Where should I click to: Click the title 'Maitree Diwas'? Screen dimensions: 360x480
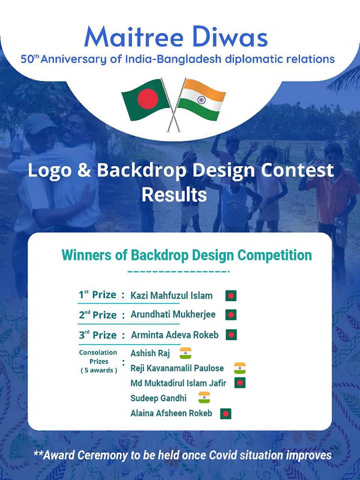(x=175, y=36)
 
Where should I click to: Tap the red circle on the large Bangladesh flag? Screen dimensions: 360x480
(x=147, y=99)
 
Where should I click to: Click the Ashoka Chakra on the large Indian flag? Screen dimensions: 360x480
(x=201, y=100)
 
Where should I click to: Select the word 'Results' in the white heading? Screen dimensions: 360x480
(x=174, y=194)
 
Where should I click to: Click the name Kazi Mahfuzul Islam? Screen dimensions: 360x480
(x=171, y=295)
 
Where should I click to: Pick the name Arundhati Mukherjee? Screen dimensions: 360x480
(x=173, y=314)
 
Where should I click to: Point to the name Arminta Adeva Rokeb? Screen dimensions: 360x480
(x=175, y=335)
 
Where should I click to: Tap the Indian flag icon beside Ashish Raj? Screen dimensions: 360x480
(x=185, y=353)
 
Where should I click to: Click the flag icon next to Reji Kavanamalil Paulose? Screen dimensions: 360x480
(x=239, y=368)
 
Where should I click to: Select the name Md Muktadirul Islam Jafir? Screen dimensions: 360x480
(x=178, y=383)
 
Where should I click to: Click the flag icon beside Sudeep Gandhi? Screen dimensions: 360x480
(x=204, y=397)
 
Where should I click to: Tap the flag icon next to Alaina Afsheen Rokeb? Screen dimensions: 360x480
(x=225, y=414)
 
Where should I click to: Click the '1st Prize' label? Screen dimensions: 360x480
(x=97, y=295)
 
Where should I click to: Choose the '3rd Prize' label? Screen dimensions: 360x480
(x=97, y=334)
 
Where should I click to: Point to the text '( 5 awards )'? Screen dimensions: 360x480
(x=98, y=370)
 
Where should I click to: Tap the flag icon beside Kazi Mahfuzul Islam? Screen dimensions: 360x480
(x=231, y=295)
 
